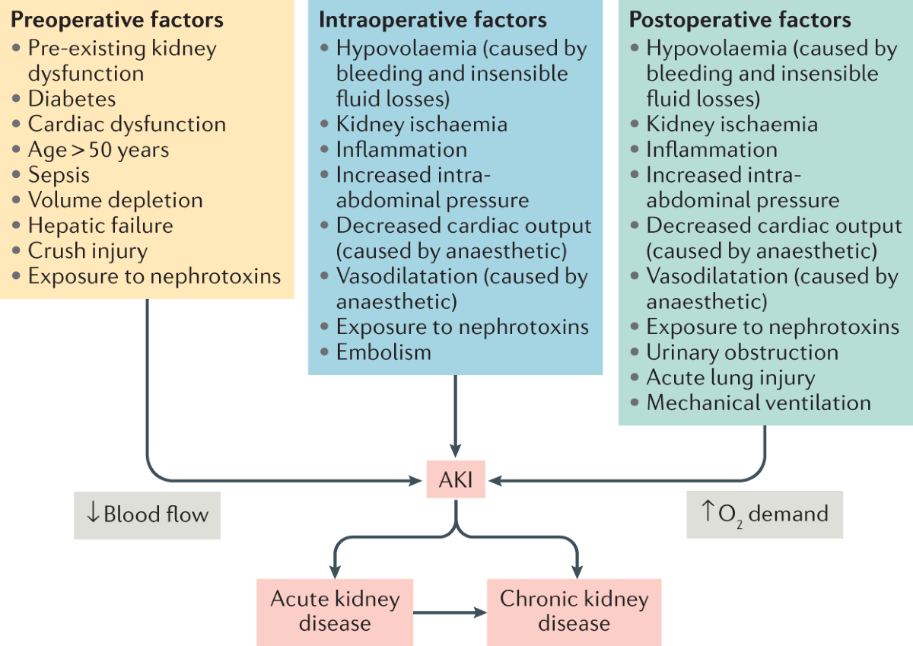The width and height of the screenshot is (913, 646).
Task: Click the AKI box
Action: tap(455, 480)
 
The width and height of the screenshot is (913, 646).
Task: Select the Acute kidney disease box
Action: tap(335, 611)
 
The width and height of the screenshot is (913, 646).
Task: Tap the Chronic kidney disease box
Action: tap(574, 611)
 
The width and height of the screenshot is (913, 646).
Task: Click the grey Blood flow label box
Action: tap(147, 514)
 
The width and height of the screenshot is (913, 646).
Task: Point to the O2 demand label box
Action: tap(765, 514)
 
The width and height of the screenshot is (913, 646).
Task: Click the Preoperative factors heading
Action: tap(117, 19)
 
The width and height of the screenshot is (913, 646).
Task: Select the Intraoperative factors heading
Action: tap(432, 20)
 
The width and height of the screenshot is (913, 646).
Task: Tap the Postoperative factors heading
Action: tap(740, 20)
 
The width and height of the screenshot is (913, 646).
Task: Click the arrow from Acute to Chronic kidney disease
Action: tap(450, 611)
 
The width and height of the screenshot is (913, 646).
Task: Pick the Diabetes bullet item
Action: tap(72, 99)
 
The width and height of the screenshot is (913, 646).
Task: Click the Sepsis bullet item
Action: tap(59, 175)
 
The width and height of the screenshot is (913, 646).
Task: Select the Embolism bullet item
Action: tap(383, 352)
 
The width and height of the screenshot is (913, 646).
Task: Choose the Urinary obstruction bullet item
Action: tap(742, 352)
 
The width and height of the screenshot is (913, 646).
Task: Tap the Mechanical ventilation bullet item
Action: tap(758, 403)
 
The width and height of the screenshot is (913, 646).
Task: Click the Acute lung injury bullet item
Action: tap(730, 377)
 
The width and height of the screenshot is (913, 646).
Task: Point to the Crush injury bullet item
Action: tap(87, 251)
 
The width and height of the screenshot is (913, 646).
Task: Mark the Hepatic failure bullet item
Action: tap(100, 226)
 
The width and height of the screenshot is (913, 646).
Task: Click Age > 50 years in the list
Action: tap(98, 149)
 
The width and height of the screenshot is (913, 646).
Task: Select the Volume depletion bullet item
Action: tap(115, 200)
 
